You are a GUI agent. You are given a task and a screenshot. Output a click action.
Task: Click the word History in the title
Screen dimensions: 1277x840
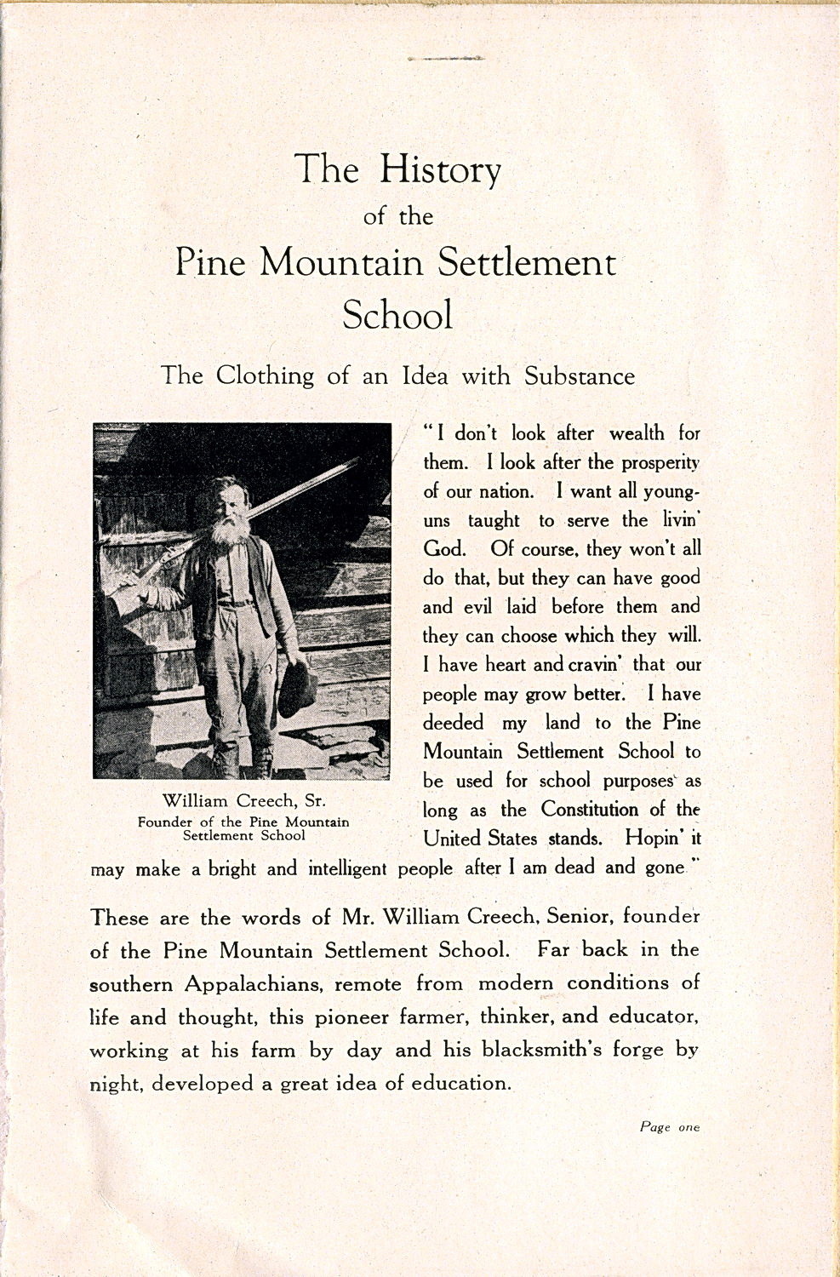click(x=439, y=169)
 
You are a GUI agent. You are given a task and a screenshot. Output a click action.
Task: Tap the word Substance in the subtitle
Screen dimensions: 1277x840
click(x=579, y=375)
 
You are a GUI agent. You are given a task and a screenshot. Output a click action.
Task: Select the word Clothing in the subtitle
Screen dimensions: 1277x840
click(x=264, y=375)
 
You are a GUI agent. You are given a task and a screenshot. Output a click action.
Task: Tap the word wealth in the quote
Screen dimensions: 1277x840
click(x=637, y=433)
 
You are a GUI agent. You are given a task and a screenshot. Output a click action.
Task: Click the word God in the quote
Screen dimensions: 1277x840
click(x=443, y=549)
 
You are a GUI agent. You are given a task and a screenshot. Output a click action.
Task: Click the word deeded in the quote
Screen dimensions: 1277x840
click(x=454, y=723)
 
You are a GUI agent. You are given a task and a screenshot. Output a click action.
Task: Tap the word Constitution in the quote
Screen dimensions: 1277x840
click(x=589, y=810)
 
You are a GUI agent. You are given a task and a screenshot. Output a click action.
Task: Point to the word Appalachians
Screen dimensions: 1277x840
click(x=253, y=984)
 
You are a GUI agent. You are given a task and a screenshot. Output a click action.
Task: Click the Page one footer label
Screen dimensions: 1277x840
click(x=670, y=1127)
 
